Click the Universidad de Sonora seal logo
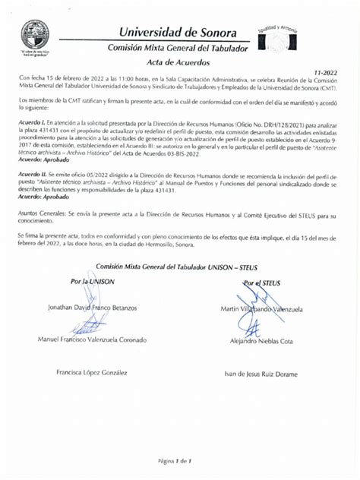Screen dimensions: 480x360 [35, 35]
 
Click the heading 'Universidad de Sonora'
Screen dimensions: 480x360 [177, 33]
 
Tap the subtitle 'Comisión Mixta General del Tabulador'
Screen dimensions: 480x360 [177, 49]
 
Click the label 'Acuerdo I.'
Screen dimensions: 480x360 [33, 122]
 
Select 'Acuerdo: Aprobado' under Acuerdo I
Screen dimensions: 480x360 [45, 160]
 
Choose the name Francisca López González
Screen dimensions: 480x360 [91, 373]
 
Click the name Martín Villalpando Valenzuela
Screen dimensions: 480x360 [262, 309]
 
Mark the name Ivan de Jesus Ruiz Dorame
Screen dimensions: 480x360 [261, 374]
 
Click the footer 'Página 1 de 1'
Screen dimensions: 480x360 [175, 461]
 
